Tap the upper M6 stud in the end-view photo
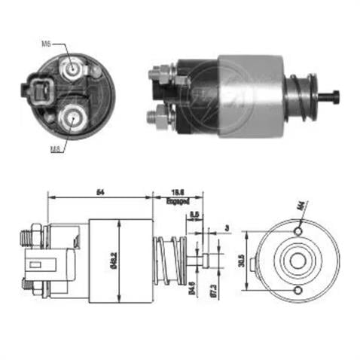[x=73, y=69]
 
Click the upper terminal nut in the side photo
[x=159, y=74]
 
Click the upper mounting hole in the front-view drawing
[x=299, y=229]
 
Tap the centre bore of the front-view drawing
[x=294, y=261]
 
